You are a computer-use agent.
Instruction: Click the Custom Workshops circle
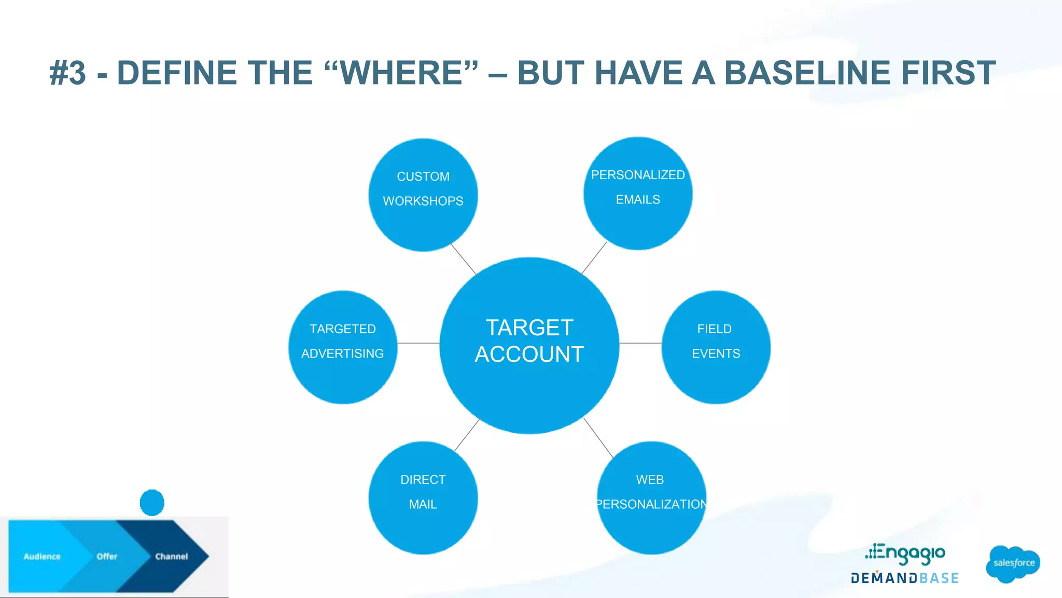click(x=423, y=195)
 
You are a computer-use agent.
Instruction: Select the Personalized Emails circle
click(x=638, y=193)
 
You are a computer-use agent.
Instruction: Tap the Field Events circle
click(x=716, y=347)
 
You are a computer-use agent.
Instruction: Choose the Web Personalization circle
click(x=651, y=497)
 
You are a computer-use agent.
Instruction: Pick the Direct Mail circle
click(x=423, y=497)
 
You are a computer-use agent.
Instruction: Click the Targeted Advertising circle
click(x=343, y=347)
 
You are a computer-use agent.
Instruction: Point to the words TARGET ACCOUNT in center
click(x=529, y=341)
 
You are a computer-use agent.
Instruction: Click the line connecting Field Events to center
click(x=640, y=343)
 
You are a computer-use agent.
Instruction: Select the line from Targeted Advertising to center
click(x=418, y=343)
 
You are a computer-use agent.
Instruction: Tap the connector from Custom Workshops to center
click(x=463, y=259)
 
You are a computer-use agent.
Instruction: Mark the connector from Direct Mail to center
click(x=467, y=435)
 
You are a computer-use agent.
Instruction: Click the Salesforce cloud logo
click(x=1013, y=563)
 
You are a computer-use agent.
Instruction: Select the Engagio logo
click(x=905, y=554)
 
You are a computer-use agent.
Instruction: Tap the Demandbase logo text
click(x=904, y=578)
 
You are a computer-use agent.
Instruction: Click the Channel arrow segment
click(x=171, y=556)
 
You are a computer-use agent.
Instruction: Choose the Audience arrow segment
click(x=41, y=556)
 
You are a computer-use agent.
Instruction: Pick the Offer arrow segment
click(x=106, y=556)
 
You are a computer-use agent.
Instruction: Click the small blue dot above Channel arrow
click(x=152, y=502)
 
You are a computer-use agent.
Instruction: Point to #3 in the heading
click(x=68, y=73)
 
